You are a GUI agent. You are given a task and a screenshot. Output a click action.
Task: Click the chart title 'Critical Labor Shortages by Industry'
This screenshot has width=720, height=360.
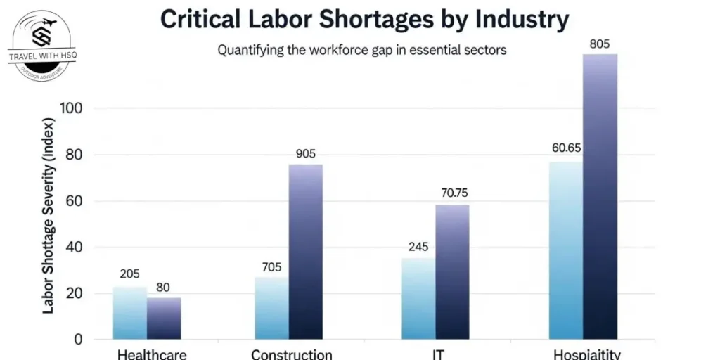click(x=364, y=20)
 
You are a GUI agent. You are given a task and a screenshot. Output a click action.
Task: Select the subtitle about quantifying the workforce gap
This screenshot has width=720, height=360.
click(x=361, y=51)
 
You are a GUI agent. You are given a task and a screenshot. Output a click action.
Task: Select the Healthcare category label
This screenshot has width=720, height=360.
click(x=152, y=354)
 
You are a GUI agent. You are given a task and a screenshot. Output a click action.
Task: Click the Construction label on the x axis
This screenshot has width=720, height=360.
click(x=291, y=354)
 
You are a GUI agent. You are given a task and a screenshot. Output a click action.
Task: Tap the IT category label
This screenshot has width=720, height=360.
click(x=439, y=354)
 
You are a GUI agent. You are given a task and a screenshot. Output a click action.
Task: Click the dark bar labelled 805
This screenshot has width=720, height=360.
click(x=600, y=197)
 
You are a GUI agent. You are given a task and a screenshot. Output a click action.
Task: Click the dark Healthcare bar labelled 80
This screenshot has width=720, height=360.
click(x=164, y=319)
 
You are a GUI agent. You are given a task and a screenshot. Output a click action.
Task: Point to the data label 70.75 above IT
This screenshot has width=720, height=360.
click(x=452, y=194)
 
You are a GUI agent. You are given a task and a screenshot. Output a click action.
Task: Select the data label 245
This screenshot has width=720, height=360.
click(x=418, y=247)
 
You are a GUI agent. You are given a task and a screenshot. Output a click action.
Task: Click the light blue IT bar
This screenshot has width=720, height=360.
click(x=418, y=299)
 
